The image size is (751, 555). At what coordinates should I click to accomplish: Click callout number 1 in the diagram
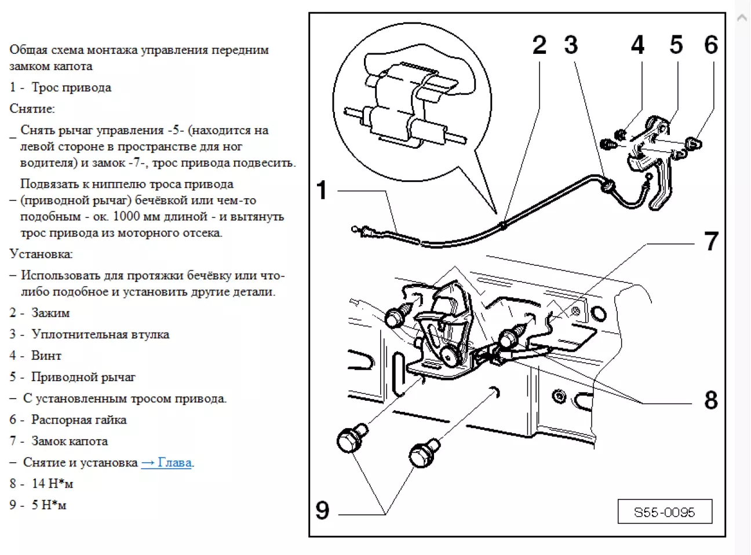[322, 191]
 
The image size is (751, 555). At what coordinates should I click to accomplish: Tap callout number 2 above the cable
[539, 45]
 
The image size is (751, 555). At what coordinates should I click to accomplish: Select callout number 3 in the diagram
[571, 45]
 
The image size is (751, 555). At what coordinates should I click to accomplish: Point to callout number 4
[637, 45]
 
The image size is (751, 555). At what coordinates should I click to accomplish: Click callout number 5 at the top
[676, 45]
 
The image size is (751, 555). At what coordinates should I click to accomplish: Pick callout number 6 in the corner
[711, 45]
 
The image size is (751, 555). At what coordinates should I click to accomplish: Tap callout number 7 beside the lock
[711, 242]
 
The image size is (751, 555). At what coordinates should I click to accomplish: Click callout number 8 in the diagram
[711, 400]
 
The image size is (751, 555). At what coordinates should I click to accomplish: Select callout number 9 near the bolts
[322, 510]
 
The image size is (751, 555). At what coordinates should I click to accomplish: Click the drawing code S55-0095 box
[664, 512]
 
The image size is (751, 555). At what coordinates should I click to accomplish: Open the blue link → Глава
[166, 463]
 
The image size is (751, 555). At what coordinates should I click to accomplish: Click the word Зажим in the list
[50, 313]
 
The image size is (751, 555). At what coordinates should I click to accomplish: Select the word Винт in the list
[46, 356]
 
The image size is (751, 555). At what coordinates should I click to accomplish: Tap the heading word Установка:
[41, 254]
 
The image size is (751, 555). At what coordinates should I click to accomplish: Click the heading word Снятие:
[32, 109]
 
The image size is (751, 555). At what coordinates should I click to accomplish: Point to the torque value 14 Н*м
[52, 484]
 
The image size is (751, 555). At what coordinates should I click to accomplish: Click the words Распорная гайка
[79, 420]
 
